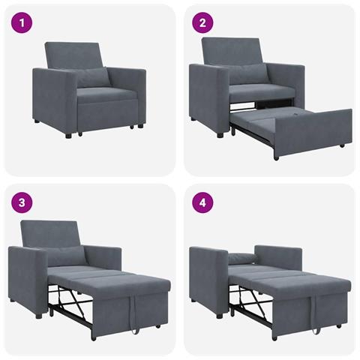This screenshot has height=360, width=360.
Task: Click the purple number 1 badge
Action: click(x=22, y=22)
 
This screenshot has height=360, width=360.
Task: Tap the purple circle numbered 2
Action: click(x=201, y=22)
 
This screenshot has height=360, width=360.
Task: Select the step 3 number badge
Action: click(x=22, y=202)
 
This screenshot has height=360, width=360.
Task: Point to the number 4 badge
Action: click(x=201, y=202)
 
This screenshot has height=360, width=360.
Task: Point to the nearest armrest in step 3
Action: click(x=25, y=274)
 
